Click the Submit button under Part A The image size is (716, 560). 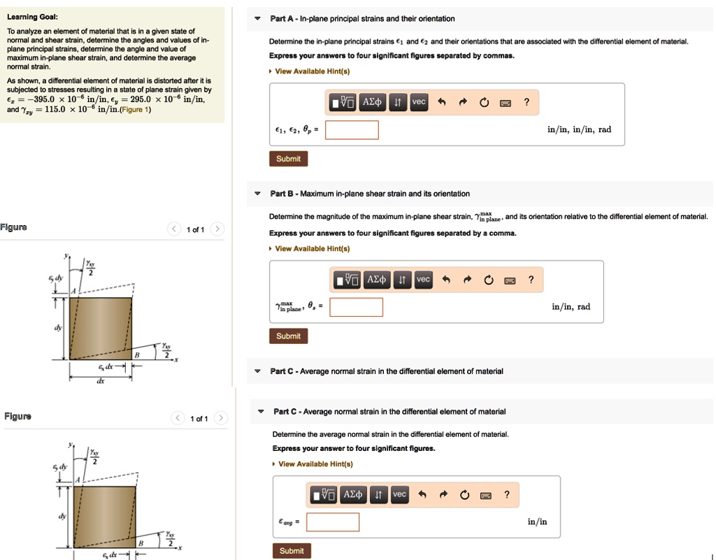point(288,159)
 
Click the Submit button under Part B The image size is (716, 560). point(288,336)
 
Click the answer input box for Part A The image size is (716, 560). point(352,130)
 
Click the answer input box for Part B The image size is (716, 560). point(356,307)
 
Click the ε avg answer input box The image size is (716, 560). point(332,522)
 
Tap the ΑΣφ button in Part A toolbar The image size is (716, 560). point(371,103)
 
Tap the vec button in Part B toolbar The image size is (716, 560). point(423,280)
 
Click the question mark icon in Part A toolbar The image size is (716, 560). point(527,103)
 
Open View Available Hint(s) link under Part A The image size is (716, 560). point(312,71)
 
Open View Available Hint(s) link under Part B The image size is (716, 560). point(312,249)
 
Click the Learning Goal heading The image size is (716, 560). point(32,17)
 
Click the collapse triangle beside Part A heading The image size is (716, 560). point(257,19)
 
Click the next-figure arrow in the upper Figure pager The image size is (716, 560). point(217,229)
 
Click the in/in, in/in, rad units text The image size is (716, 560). point(579,129)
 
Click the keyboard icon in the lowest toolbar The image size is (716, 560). point(484,496)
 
